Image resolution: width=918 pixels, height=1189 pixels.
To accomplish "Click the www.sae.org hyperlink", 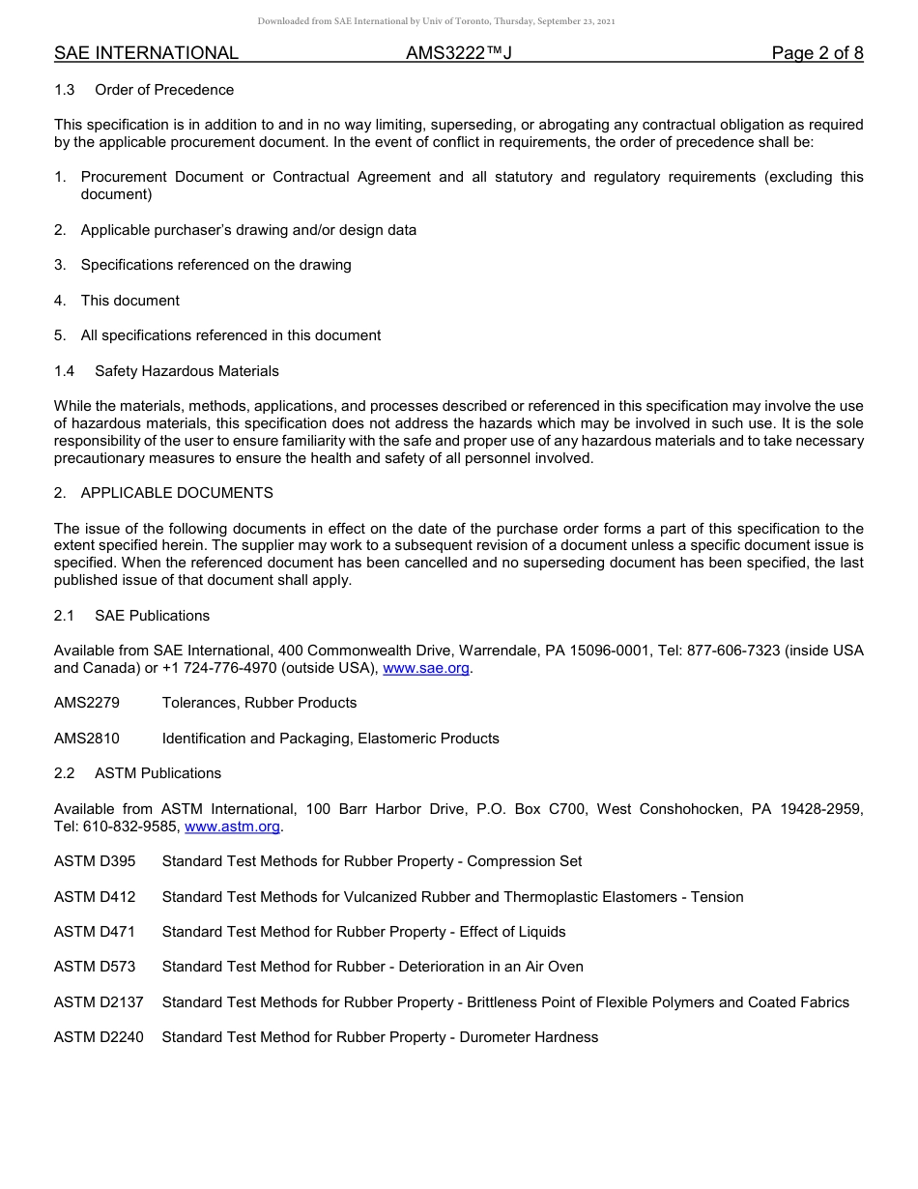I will tap(427, 668).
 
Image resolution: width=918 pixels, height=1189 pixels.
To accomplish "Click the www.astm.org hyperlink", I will tap(232, 826).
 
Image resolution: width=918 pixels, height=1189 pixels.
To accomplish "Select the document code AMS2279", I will tap(87, 703).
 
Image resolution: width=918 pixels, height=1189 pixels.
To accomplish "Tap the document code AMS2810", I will tap(87, 739).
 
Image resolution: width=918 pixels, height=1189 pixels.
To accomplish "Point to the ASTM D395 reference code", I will tap(95, 861).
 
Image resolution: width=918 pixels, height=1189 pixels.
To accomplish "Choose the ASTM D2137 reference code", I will tap(99, 1002).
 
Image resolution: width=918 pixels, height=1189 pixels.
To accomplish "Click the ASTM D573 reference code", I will tap(95, 967).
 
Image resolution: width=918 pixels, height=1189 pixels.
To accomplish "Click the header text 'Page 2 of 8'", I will tap(817, 53).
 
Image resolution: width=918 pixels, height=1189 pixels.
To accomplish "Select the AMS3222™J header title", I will tap(458, 53).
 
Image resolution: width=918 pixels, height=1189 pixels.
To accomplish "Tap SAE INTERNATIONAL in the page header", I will tap(146, 53).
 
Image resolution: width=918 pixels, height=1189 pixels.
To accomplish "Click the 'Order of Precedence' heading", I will tap(164, 90).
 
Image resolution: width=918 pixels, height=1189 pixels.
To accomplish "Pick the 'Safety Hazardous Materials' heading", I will tap(186, 371).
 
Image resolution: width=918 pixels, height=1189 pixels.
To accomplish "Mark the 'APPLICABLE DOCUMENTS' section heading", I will tap(177, 493).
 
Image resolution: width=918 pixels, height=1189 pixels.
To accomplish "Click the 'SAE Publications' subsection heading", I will tap(152, 616).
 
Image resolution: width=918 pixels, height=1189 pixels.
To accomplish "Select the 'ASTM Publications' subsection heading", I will tap(158, 773).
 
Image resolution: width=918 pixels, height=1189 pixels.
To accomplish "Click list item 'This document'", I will tap(129, 301).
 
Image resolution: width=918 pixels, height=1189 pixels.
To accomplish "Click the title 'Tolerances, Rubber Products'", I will tap(259, 703).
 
